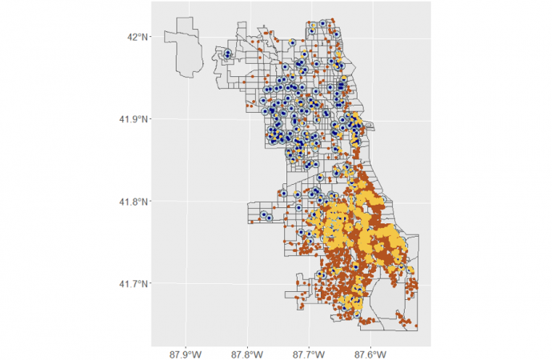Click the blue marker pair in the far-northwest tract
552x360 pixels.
pos(227,54)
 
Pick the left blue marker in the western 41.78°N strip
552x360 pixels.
pos(261,214)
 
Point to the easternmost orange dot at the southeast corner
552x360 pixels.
pos(418,326)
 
